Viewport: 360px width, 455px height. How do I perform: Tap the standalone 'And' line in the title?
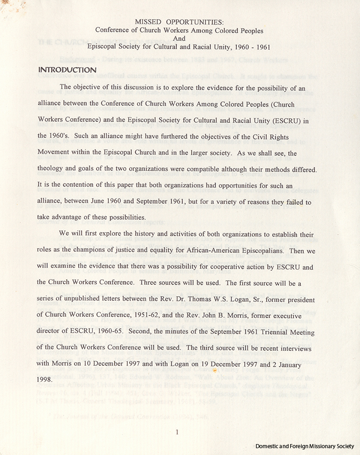(179, 38)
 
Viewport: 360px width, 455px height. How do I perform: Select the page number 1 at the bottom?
(177, 433)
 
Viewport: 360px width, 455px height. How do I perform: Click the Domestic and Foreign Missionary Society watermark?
(304, 447)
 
